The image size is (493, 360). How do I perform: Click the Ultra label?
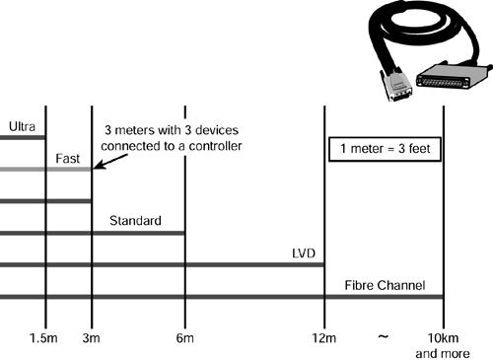22,126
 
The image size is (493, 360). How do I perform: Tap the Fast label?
67,159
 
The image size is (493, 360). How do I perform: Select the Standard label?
135,221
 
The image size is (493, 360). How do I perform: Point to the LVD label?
304,253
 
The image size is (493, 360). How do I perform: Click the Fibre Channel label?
385,285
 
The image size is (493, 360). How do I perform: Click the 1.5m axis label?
43,338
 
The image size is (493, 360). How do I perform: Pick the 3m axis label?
91,338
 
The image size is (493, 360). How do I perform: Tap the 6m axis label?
184,338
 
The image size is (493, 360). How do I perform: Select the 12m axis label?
324,338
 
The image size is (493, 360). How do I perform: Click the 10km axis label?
443,338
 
